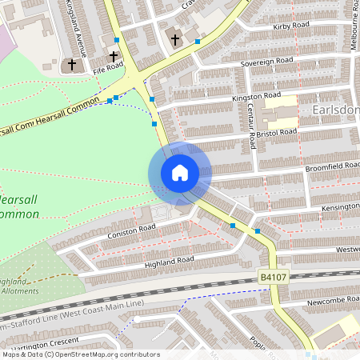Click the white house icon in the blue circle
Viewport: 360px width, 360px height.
pos(180,173)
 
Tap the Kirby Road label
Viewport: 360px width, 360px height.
pos(291,26)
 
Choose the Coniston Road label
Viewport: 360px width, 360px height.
pos(131,230)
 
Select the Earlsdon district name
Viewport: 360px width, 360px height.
pos(339,110)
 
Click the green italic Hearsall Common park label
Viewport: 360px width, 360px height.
pos(24,206)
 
